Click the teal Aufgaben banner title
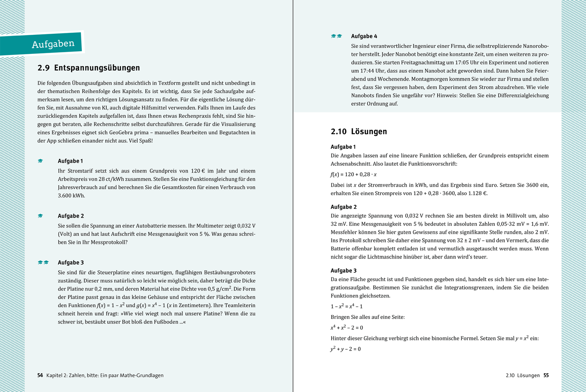coord(53,44)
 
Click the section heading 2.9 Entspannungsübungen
coord(89,68)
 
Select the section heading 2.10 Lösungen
coord(359,132)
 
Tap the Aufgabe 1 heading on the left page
coord(70,161)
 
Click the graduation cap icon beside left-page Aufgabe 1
coord(40,161)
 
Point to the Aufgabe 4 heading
coord(364,36)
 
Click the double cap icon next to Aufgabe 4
coord(336,36)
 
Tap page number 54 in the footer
coord(40,375)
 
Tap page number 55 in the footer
coord(546,375)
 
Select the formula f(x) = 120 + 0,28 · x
coord(353,174)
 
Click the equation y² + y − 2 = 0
coord(345,349)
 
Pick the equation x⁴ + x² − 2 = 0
coord(346,328)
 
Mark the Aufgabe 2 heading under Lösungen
coord(343,207)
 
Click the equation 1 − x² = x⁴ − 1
coord(346,306)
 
